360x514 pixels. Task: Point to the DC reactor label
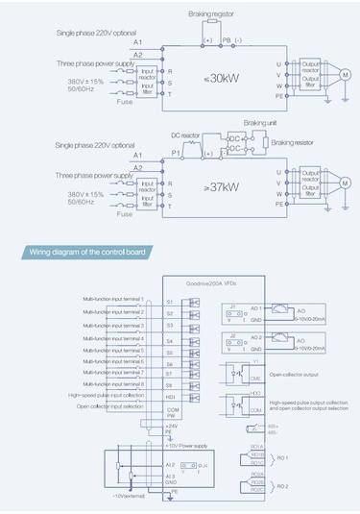[x=188, y=135]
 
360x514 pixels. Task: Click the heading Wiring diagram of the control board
[x=90, y=254]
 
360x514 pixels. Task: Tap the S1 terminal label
[x=170, y=302]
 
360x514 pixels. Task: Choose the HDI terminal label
[x=170, y=395]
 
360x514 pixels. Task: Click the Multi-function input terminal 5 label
[x=113, y=350]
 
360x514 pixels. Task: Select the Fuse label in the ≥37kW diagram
[x=126, y=213]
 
